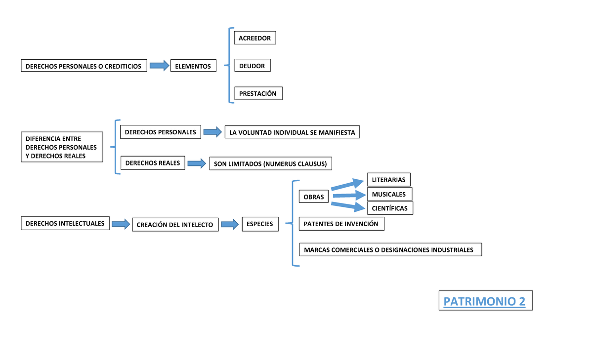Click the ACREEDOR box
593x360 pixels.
(x=254, y=38)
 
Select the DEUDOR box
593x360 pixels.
(x=252, y=66)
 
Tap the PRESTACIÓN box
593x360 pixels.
(x=258, y=93)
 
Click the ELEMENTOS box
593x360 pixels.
(x=193, y=66)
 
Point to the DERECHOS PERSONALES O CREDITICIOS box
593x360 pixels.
(x=84, y=66)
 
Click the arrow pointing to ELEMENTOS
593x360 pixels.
(x=159, y=65)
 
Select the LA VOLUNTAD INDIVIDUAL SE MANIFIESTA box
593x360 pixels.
(x=292, y=132)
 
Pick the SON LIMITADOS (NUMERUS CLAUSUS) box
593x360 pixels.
(x=270, y=163)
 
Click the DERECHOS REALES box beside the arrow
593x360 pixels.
(x=153, y=163)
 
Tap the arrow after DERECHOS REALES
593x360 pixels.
(x=196, y=163)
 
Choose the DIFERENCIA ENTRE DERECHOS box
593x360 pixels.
(x=61, y=147)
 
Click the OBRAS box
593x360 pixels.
(x=313, y=197)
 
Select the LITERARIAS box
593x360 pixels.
(x=388, y=180)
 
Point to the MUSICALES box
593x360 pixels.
(x=389, y=194)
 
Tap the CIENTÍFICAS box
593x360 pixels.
(x=390, y=208)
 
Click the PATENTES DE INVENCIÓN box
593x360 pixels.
(x=341, y=224)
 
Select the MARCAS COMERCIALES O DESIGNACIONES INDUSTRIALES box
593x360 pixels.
(x=390, y=250)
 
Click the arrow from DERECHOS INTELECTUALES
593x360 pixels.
(x=120, y=224)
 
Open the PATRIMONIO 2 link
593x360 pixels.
(x=485, y=301)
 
